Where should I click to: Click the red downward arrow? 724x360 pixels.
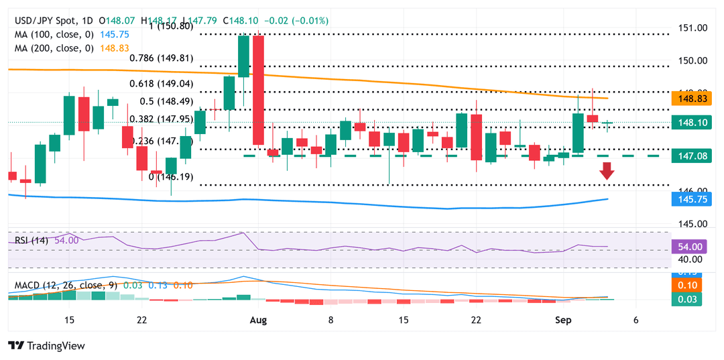pos(607,171)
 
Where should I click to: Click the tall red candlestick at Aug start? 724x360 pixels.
pos(257,90)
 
